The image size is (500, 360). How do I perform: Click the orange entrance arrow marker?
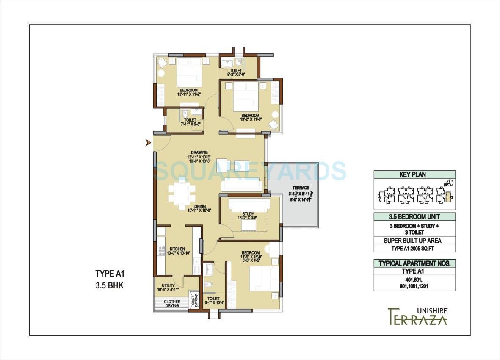(x=148, y=143)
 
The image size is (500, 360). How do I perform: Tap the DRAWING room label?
(x=199, y=152)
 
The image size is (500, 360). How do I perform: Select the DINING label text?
(x=199, y=206)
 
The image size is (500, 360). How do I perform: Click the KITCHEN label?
(x=177, y=249)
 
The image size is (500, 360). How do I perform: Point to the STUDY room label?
(x=248, y=213)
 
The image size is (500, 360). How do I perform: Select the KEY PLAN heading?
(x=414, y=174)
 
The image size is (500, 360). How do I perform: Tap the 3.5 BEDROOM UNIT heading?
(x=414, y=216)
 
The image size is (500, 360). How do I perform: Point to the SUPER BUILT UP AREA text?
(x=414, y=241)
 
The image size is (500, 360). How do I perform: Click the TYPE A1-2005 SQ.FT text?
(x=414, y=248)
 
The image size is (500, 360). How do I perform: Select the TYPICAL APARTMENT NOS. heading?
(x=414, y=263)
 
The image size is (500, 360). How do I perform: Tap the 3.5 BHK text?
(x=110, y=286)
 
